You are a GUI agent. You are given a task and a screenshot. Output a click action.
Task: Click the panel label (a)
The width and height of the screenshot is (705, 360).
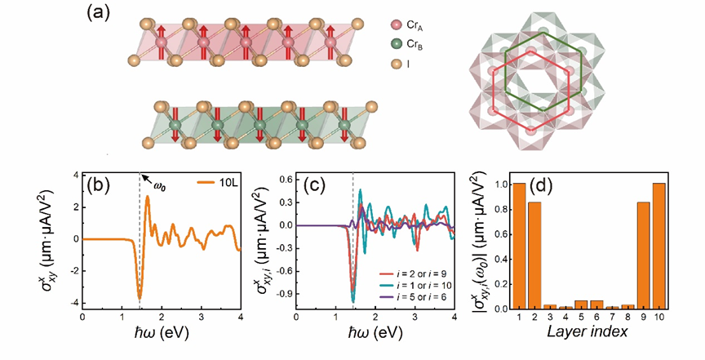(96, 14)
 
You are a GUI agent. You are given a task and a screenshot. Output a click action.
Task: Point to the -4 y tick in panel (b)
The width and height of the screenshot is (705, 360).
(73, 303)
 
